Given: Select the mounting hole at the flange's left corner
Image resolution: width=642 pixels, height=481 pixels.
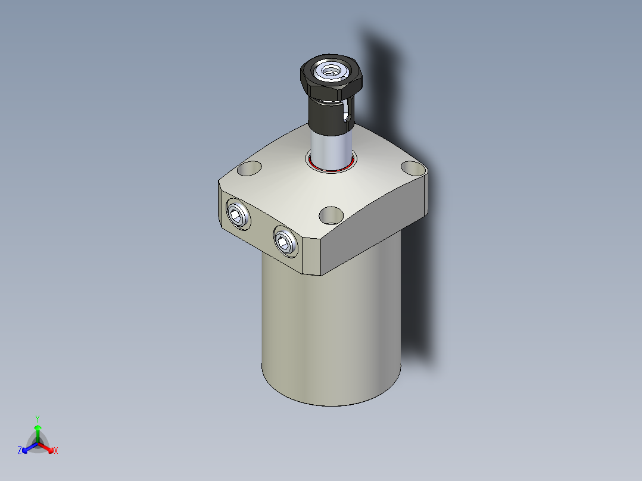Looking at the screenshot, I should [x=248, y=168].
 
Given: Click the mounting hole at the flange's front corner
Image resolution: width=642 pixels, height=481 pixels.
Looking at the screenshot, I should [x=331, y=214].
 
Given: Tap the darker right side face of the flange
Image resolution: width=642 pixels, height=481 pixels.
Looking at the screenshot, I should [x=375, y=229].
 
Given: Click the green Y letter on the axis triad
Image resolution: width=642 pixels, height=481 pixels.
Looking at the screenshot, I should [x=38, y=418].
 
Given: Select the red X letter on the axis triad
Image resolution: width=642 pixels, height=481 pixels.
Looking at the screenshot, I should [x=56, y=451].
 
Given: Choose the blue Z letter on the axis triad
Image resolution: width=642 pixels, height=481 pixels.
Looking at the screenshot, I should [x=20, y=451].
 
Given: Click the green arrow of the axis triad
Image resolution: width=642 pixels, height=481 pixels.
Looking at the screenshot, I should [x=38, y=431].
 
